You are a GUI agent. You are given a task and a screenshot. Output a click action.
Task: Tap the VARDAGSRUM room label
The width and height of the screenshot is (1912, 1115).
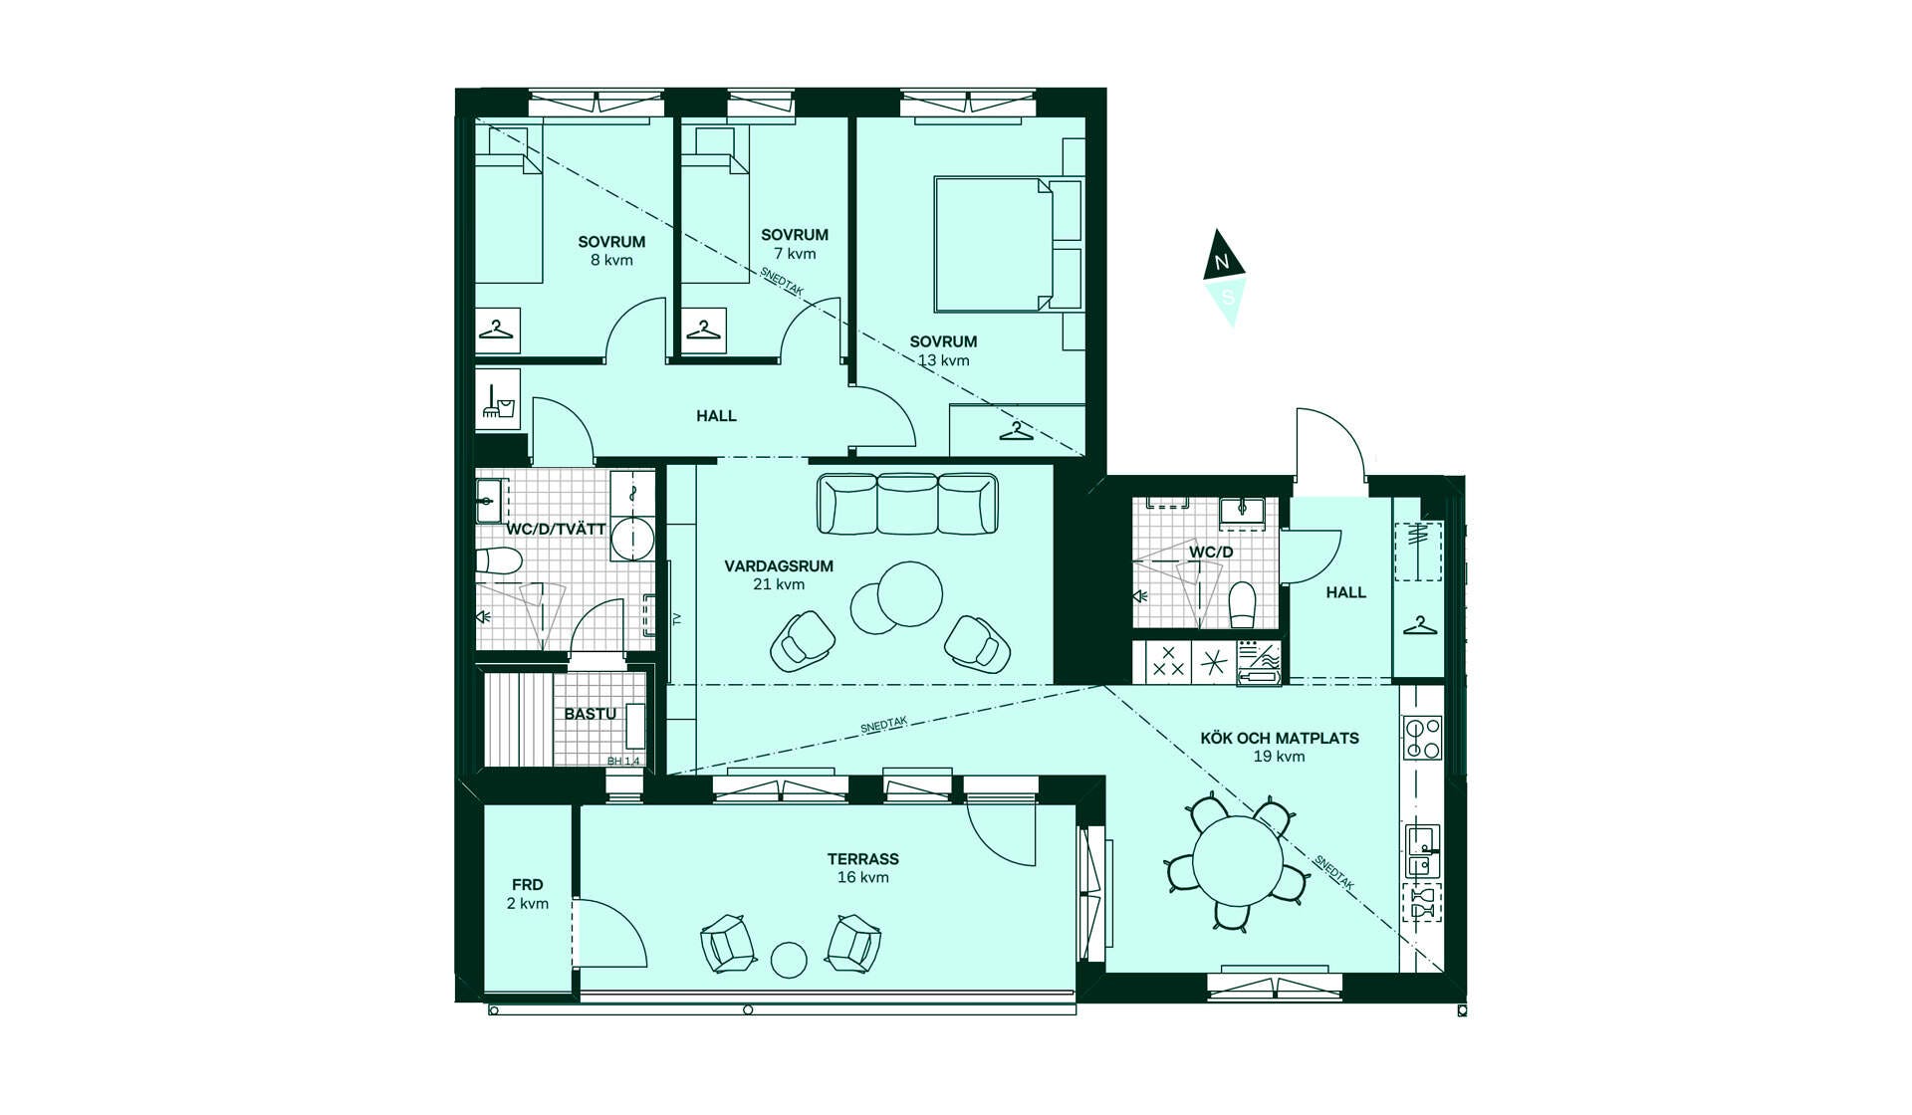coord(779,566)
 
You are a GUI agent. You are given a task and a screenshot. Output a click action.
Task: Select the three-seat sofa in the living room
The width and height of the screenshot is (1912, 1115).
coord(907,504)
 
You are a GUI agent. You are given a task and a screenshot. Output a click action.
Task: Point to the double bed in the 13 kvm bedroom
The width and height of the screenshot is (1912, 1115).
coord(994,244)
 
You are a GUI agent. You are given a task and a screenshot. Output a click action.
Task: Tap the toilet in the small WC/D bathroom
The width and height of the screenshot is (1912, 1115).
coord(1242,605)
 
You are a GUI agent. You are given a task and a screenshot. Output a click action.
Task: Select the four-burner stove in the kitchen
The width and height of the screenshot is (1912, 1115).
coord(1422,738)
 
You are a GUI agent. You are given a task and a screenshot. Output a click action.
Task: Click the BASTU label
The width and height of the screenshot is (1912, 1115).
coord(590,714)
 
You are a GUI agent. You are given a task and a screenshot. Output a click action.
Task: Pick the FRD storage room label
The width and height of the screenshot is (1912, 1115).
coord(528,885)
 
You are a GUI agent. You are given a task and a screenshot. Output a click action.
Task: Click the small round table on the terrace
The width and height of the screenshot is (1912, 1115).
coord(790,960)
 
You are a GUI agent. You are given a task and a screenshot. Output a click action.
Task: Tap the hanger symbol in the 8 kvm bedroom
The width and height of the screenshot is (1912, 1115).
coord(496,329)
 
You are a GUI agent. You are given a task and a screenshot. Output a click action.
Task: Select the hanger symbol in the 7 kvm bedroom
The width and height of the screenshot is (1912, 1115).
coord(703,329)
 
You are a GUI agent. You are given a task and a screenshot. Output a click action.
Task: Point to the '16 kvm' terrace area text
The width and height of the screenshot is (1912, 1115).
coord(863,877)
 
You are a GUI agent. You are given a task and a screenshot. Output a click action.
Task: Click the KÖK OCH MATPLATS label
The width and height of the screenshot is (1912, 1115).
coord(1280,738)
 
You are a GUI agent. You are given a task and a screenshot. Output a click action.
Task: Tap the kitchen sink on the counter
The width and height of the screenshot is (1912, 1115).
coord(1422,851)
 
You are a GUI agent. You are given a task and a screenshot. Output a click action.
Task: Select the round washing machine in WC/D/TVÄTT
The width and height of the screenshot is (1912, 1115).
coord(632,539)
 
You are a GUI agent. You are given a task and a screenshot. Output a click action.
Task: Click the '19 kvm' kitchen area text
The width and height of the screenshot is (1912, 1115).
coord(1279,757)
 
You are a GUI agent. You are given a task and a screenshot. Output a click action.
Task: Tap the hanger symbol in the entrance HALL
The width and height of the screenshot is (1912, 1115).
coord(1419,626)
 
